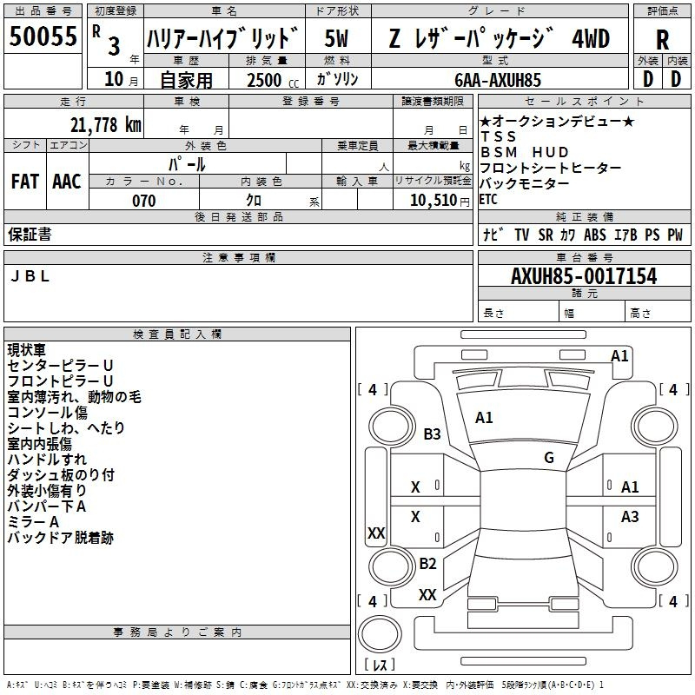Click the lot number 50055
pos(43,36)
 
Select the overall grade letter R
pos(662,40)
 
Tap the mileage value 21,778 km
pos(105,124)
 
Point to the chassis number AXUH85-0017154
pos(584,275)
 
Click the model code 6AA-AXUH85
pos(498,80)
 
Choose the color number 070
pos(144,201)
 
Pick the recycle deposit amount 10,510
pos(433,201)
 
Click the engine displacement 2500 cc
pos(273,80)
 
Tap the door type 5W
pos(336,38)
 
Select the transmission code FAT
pos(25,182)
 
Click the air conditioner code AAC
pos(67,182)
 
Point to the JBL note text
pos(30,276)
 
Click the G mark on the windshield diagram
pos(549,457)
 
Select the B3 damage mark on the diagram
pos(432,434)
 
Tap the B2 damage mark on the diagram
pos(427,563)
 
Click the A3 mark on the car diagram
pos(630,516)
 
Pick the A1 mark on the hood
pos(484,418)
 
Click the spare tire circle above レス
pos(380,634)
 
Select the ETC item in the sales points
pos(488,200)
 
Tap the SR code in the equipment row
pos(546,235)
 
